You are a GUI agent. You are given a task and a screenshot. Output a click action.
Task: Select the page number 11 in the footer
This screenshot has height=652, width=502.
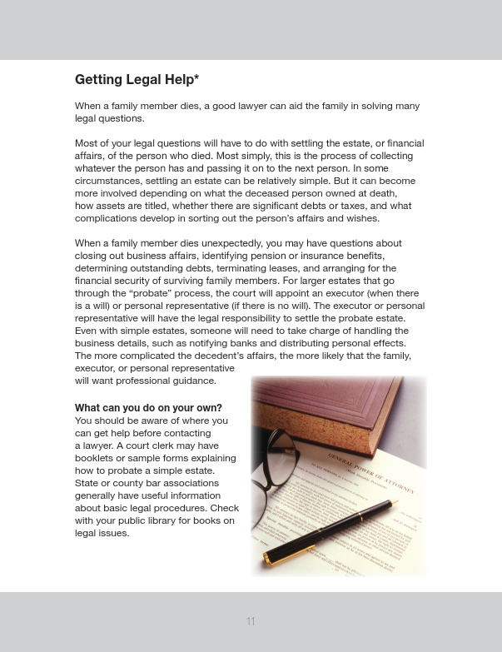click(x=251, y=621)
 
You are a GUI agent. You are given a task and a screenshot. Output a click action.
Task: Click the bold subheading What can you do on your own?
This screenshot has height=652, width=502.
click(x=148, y=408)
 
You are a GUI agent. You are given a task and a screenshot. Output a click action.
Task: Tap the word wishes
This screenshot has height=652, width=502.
click(x=360, y=218)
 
